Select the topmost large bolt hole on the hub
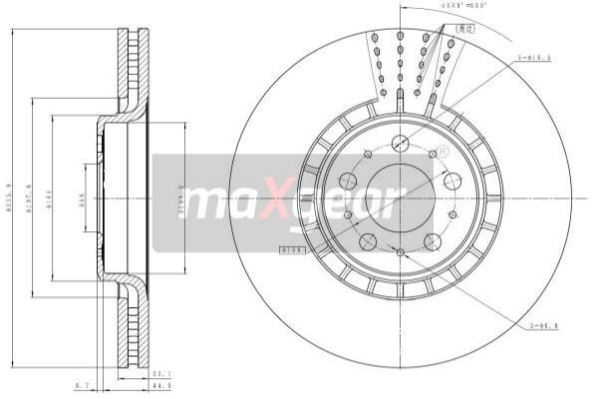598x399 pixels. tap(400, 142)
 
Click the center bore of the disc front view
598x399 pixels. tap(400, 196)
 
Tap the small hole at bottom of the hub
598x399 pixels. tap(400, 252)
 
